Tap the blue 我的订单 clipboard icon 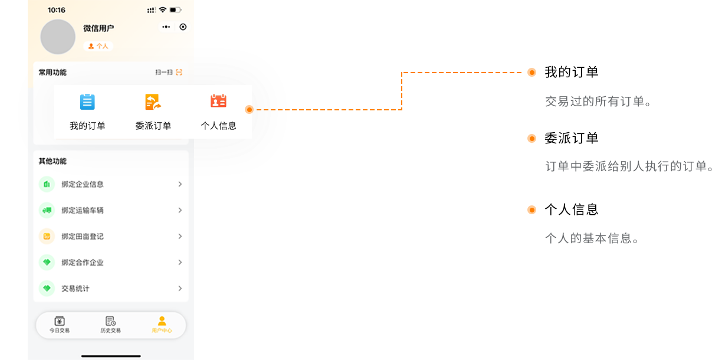click(87, 102)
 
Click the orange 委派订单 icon click(153, 102)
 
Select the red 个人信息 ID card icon click(218, 101)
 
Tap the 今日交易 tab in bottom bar click(60, 325)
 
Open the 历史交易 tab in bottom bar click(110, 325)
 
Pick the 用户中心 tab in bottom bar click(162, 325)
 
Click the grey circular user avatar click(58, 37)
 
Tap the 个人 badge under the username click(99, 46)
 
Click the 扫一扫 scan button click(169, 72)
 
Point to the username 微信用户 click(99, 28)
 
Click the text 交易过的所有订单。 click(598, 102)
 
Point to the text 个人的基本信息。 click(592, 239)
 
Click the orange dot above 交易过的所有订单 click(531, 73)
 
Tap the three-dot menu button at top click(166, 27)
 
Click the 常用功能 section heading click(53, 73)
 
